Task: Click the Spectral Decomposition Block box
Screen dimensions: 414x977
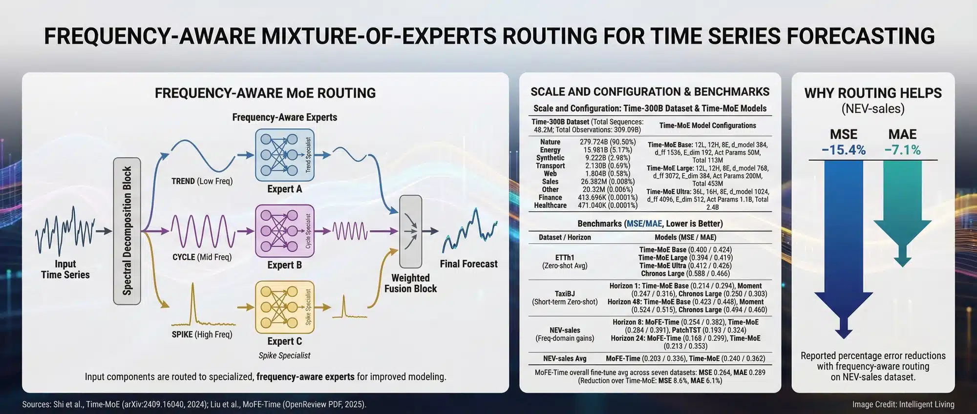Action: (x=127, y=231)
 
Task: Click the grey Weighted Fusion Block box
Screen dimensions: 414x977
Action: (x=410, y=231)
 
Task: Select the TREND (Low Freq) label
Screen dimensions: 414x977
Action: (x=202, y=181)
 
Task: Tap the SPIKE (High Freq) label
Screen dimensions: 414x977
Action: (x=202, y=334)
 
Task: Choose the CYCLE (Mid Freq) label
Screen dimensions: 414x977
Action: (x=202, y=257)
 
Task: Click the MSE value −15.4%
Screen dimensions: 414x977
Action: (x=843, y=150)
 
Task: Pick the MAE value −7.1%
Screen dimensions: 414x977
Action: (x=902, y=150)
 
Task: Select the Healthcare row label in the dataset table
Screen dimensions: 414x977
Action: (x=550, y=206)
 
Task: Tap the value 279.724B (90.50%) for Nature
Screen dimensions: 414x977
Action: (x=608, y=142)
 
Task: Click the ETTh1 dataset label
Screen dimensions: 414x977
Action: (x=565, y=258)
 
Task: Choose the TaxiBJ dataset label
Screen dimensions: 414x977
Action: (x=565, y=294)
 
